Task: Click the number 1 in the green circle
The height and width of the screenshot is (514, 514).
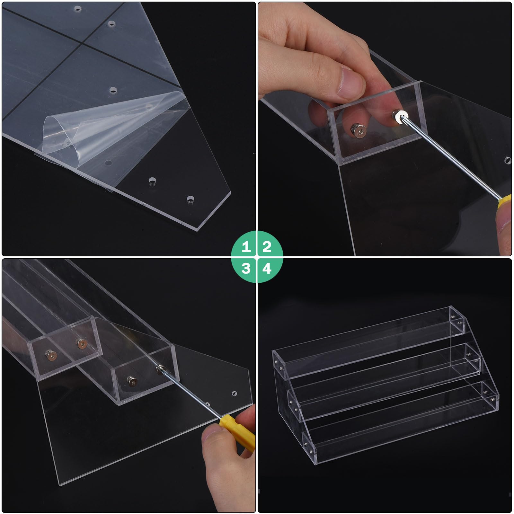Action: click(246, 246)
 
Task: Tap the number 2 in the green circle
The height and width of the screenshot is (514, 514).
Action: click(267, 246)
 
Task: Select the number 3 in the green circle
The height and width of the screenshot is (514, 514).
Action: click(246, 268)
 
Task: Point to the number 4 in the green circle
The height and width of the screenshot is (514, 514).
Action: click(267, 268)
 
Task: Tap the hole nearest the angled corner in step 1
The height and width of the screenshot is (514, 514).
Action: click(191, 199)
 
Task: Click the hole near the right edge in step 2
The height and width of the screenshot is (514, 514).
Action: click(508, 160)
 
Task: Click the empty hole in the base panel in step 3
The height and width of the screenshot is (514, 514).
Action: click(234, 393)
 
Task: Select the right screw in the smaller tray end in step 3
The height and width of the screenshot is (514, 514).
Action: click(82, 344)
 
